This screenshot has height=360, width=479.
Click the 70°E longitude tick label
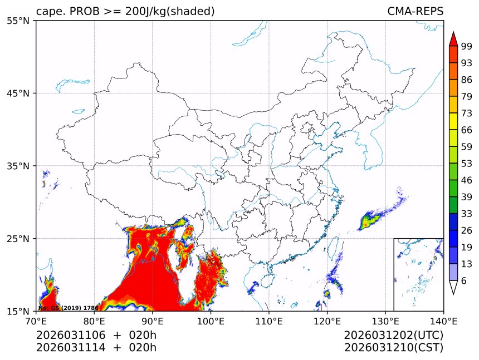[36, 320]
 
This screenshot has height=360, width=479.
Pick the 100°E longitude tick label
[211, 320]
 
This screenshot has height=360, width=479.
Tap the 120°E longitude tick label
[327, 320]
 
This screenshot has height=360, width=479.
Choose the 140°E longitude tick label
[443, 320]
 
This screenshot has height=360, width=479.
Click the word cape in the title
[48, 12]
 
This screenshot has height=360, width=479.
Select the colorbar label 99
[467, 46]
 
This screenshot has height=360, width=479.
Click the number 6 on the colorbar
[464, 281]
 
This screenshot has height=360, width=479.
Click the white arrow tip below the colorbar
[453, 288]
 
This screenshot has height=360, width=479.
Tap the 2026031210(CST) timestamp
[393, 348]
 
